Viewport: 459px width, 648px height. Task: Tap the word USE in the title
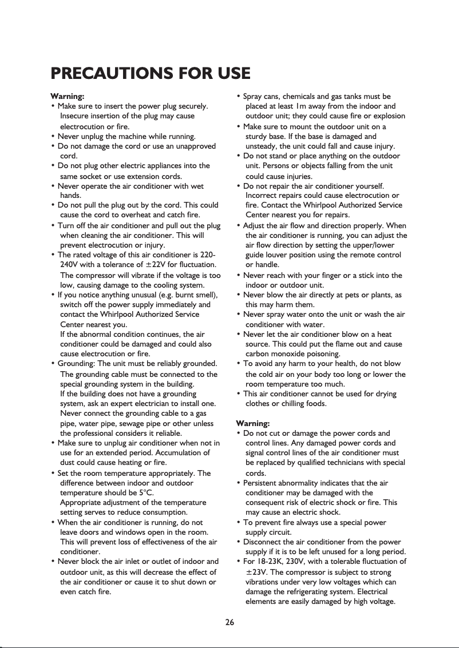232,74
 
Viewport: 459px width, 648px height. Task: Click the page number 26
230,623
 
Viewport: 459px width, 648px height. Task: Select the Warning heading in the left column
68,96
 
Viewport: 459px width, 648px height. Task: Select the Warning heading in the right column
253,423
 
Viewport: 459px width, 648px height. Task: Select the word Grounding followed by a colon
77,364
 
